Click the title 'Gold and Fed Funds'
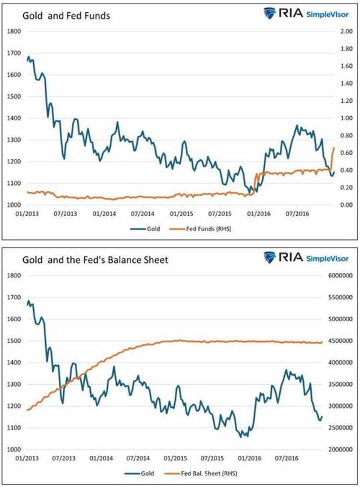tap(66, 16)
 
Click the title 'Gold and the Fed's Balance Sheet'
tap(95, 260)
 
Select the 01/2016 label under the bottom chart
tap(256, 460)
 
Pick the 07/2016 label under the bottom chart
tap(295, 460)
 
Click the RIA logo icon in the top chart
tap(269, 13)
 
